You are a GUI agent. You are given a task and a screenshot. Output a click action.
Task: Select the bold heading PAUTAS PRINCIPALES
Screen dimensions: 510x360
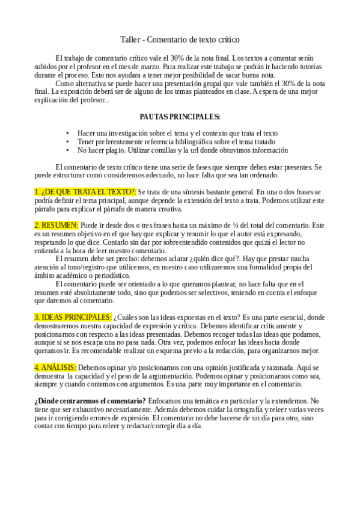pyautogui.click(x=179, y=115)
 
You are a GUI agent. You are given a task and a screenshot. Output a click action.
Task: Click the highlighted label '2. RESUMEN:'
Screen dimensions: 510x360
pyautogui.click(x=56, y=224)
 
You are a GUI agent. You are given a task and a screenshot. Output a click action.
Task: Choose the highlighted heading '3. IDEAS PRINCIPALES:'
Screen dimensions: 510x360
pyautogui.click(x=73, y=316)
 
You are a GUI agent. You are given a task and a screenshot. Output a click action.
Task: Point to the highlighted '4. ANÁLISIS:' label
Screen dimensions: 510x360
pyautogui.click(x=55, y=367)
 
